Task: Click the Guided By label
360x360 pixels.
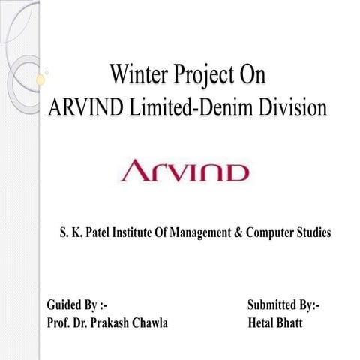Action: coord(77,305)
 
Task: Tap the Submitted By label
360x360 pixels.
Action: coord(284,305)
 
